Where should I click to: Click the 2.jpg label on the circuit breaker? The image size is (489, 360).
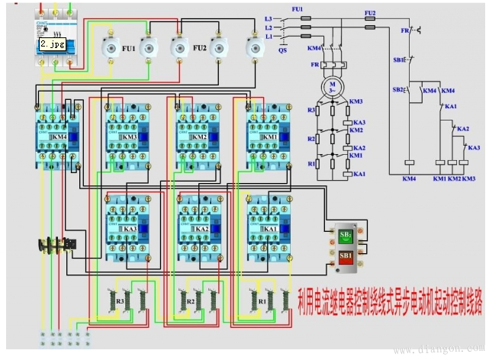click(53, 44)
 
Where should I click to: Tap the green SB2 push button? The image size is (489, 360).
click(345, 234)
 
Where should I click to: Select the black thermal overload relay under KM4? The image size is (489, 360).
click(56, 246)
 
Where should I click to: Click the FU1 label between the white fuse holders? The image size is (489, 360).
click(129, 47)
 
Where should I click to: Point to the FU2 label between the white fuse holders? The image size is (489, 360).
click(200, 47)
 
